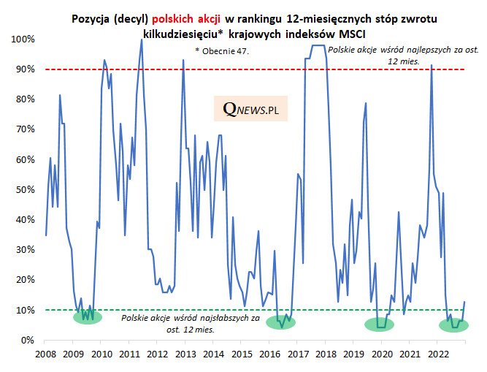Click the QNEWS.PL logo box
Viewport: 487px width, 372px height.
tap(250, 110)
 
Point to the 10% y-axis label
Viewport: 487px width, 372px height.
tap(24, 310)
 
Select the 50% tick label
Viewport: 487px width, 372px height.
tap(24, 189)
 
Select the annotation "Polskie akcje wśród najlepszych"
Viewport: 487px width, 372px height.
tap(396, 50)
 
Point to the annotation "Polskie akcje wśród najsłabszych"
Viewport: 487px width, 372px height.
tap(191, 319)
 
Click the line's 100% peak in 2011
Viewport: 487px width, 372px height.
tap(141, 39)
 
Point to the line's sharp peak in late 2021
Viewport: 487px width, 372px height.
tap(432, 65)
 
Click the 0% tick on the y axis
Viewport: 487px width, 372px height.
tap(26, 340)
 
